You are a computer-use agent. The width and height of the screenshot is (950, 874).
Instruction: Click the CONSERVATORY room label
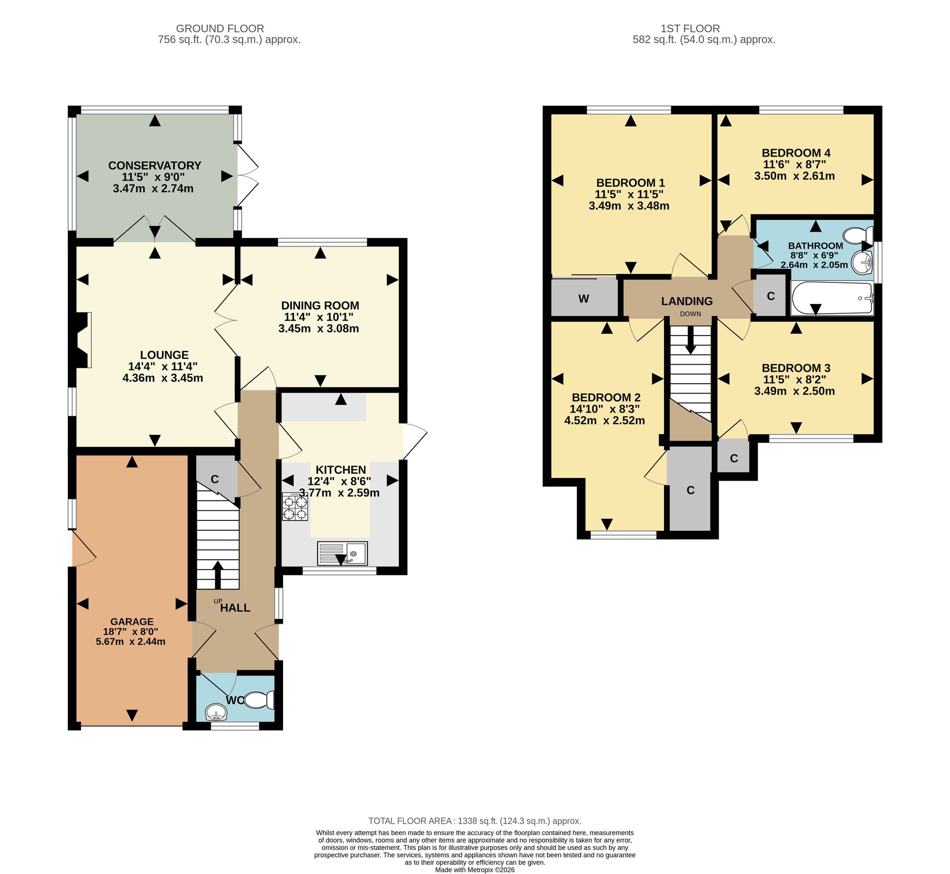click(155, 165)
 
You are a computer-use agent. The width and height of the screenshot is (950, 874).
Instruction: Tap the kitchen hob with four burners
click(295, 507)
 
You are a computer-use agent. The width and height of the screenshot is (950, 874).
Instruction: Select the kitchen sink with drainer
click(342, 554)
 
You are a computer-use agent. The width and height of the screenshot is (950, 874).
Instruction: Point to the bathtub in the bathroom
click(832, 298)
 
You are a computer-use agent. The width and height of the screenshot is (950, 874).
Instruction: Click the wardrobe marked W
click(584, 298)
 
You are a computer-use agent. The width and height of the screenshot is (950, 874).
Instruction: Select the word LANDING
click(687, 301)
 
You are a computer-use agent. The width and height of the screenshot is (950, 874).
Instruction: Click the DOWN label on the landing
click(690, 314)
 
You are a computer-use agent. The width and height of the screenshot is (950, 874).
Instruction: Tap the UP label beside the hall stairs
click(218, 601)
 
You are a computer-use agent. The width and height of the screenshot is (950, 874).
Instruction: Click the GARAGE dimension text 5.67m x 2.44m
click(131, 642)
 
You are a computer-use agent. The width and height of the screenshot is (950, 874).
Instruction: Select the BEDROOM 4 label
click(796, 153)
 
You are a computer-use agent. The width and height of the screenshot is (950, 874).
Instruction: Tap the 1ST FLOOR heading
click(690, 28)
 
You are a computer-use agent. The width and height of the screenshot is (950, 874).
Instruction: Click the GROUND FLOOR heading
click(220, 28)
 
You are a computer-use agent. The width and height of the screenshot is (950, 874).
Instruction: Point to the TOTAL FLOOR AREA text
click(475, 821)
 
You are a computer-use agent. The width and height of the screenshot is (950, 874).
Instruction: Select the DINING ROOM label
click(320, 305)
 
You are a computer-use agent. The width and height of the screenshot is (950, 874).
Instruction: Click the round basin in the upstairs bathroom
click(862, 262)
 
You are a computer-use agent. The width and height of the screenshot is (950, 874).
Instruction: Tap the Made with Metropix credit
click(475, 870)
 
